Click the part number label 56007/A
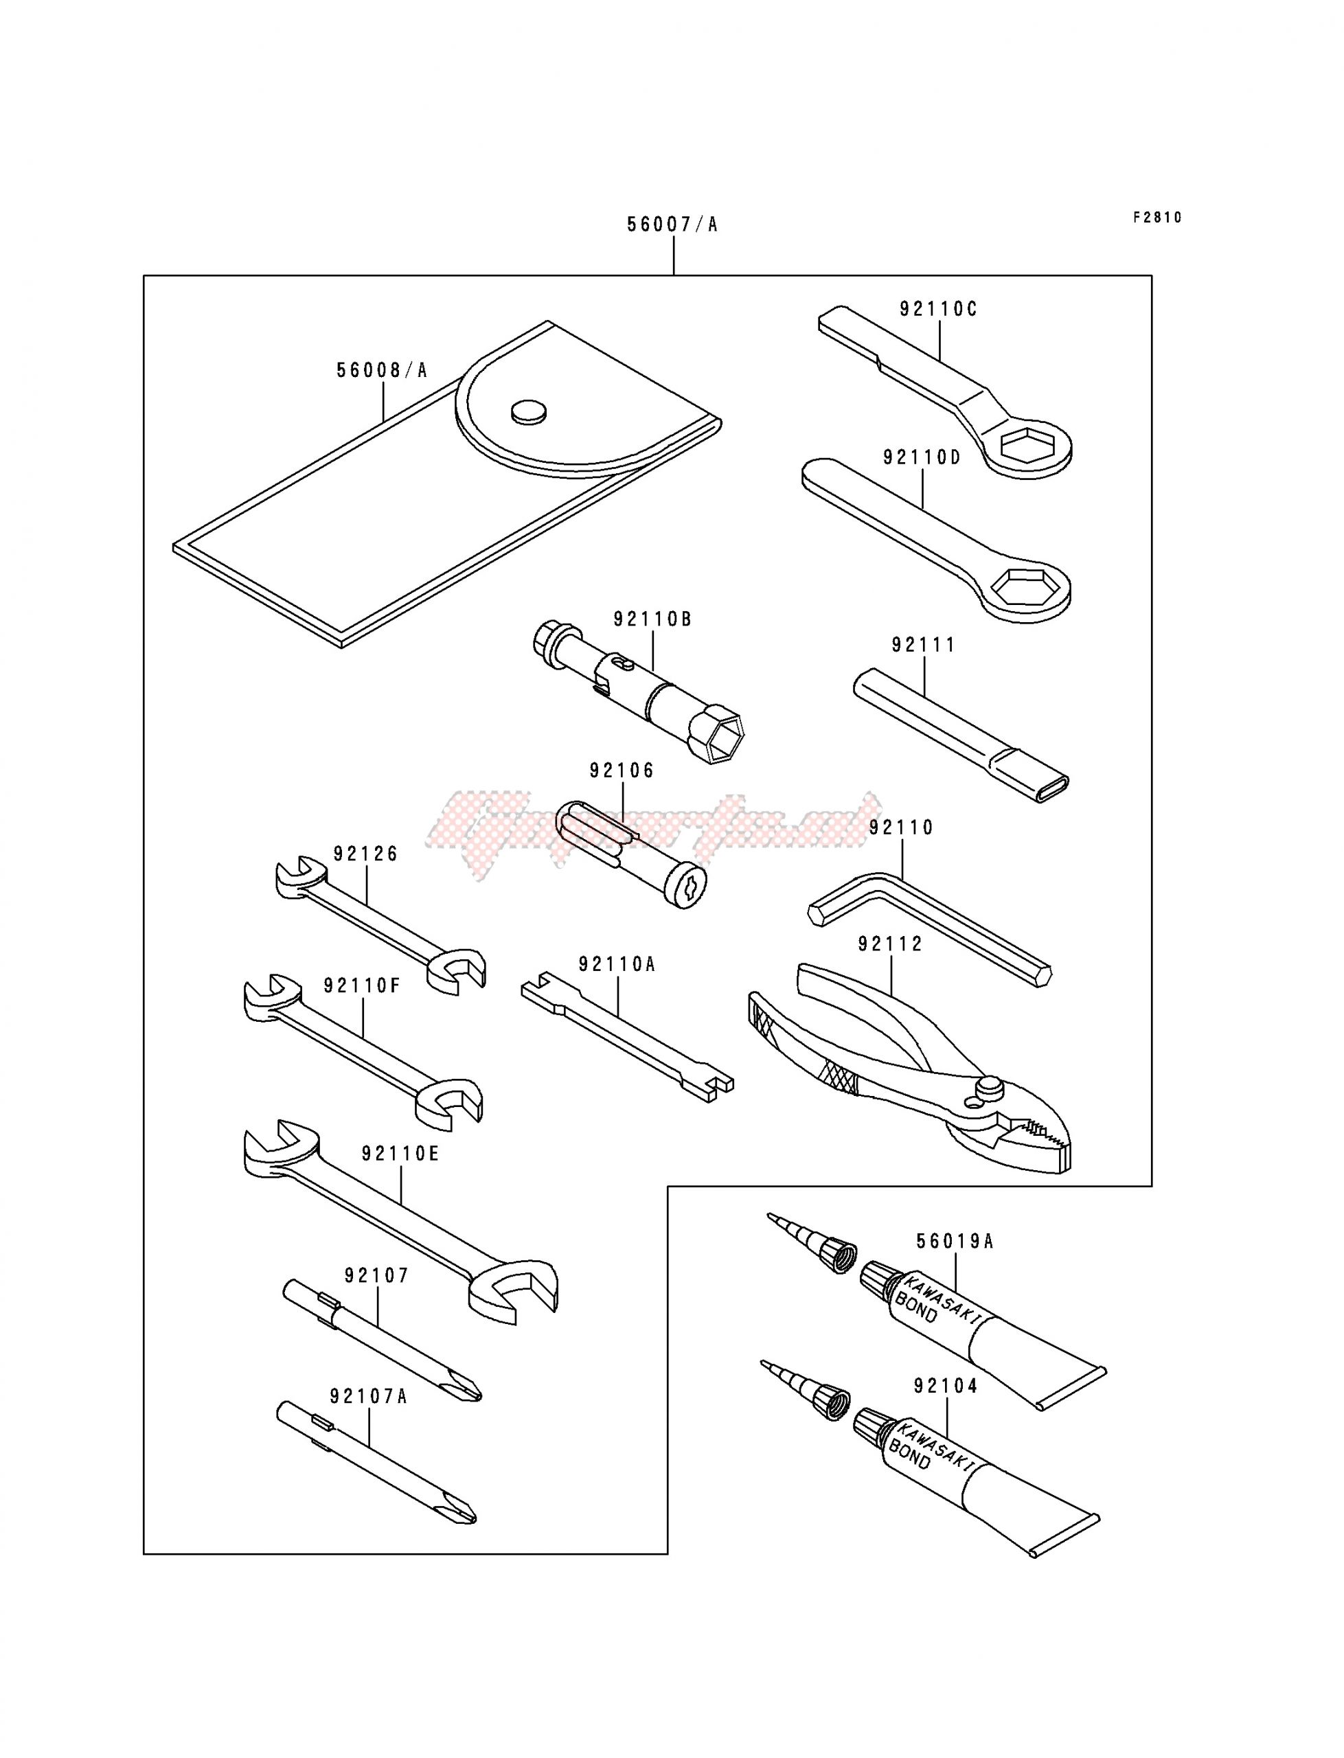[x=672, y=225]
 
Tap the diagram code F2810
[x=1156, y=218]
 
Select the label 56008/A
[x=382, y=370]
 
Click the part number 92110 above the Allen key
[x=901, y=827]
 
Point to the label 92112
[x=891, y=945]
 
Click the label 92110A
[x=617, y=966]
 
